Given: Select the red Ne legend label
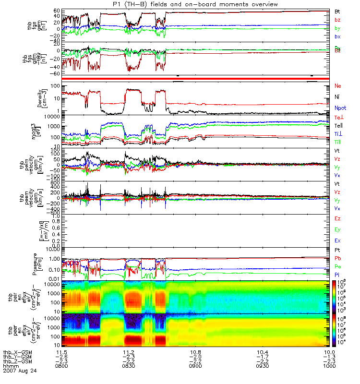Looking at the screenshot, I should click(338, 86).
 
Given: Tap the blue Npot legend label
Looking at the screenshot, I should click(340, 108).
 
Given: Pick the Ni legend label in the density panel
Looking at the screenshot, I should click(337, 97).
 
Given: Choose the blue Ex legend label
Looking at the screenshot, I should click(337, 240).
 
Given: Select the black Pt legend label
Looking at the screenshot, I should click(337, 251).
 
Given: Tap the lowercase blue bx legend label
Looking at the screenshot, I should click(337, 36).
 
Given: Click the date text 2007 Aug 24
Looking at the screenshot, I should click(20, 371).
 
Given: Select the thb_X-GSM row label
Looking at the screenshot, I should click(20, 353).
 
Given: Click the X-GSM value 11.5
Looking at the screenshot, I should click(65, 353).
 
